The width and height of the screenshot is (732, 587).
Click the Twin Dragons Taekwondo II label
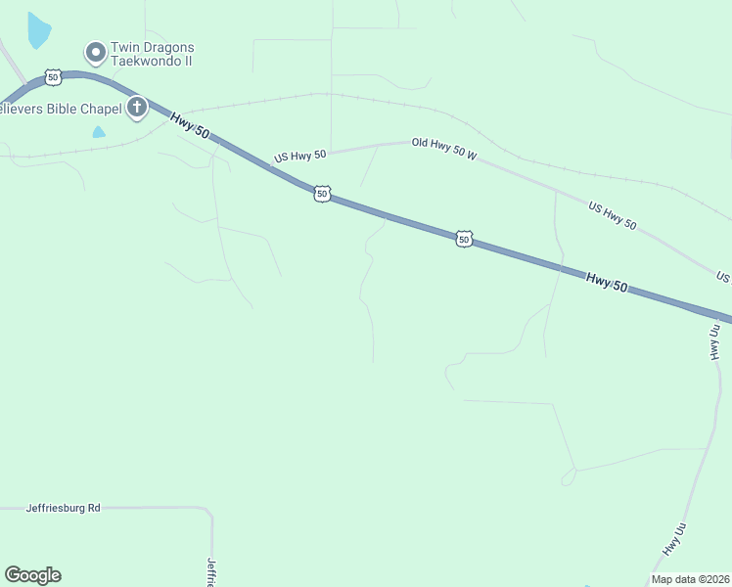click(x=152, y=53)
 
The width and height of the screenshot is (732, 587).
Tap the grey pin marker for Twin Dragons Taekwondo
click(x=96, y=52)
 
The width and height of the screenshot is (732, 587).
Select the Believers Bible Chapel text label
click(x=61, y=108)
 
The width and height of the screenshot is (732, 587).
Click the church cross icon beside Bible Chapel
click(x=137, y=107)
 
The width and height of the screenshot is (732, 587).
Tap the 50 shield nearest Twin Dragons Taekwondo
click(x=53, y=76)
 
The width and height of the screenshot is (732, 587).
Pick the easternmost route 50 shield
click(x=464, y=238)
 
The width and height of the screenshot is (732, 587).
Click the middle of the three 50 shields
click(x=322, y=194)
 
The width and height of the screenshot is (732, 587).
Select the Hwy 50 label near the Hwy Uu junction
click(x=607, y=281)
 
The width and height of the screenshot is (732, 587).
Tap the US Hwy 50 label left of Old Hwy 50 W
click(x=300, y=156)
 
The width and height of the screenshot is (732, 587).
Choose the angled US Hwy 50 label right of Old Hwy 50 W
click(x=613, y=216)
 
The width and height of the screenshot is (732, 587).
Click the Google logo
click(x=32, y=575)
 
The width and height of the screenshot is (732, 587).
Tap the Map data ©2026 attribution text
click(x=690, y=579)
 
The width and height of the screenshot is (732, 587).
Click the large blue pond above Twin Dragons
click(x=38, y=31)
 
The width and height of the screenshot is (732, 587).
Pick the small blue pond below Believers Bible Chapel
click(x=98, y=131)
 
